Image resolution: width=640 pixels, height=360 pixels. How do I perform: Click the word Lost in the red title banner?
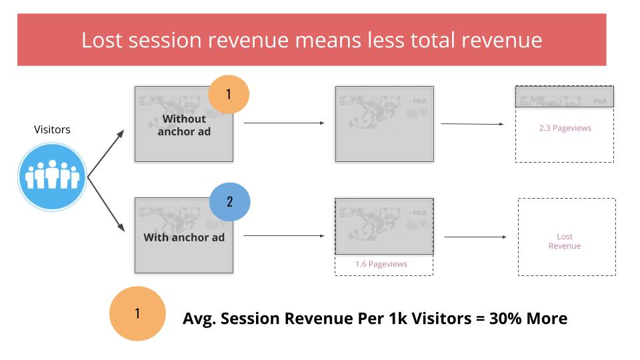pyautogui.click(x=101, y=41)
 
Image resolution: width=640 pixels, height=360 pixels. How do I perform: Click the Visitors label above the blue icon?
pyautogui.click(x=52, y=129)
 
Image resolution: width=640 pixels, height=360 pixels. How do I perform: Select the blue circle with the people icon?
pyautogui.click(x=52, y=177)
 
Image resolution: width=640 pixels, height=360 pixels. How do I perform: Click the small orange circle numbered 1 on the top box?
pyautogui.click(x=229, y=94)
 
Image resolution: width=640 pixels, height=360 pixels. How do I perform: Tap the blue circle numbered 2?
pyautogui.click(x=230, y=201)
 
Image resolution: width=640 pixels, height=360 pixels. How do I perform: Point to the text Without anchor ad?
pyautogui.click(x=184, y=125)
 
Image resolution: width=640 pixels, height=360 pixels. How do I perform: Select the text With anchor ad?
pyautogui.click(x=184, y=237)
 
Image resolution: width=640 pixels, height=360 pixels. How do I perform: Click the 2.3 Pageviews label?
pyautogui.click(x=565, y=128)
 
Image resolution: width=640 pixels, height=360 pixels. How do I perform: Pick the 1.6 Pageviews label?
pyautogui.click(x=381, y=264)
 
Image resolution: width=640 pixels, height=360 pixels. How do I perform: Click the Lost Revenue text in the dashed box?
pyautogui.click(x=565, y=241)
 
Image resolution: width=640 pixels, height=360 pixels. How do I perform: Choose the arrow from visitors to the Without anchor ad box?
pyautogui.click(x=106, y=153)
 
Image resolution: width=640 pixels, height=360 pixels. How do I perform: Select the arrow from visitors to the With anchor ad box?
pyautogui.click(x=106, y=205)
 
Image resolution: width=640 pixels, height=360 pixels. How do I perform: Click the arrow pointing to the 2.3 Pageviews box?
pyautogui.click(x=473, y=124)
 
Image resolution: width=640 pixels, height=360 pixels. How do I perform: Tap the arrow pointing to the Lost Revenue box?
pyautogui.click(x=475, y=237)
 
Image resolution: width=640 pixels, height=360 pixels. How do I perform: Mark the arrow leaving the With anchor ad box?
pyautogui.click(x=284, y=235)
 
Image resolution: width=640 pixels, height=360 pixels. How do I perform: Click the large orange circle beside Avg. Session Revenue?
pyautogui.click(x=137, y=313)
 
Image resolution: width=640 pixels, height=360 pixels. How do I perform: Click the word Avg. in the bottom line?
pyautogui.click(x=198, y=319)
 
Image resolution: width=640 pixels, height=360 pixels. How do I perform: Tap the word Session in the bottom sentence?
pyautogui.click(x=250, y=319)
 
